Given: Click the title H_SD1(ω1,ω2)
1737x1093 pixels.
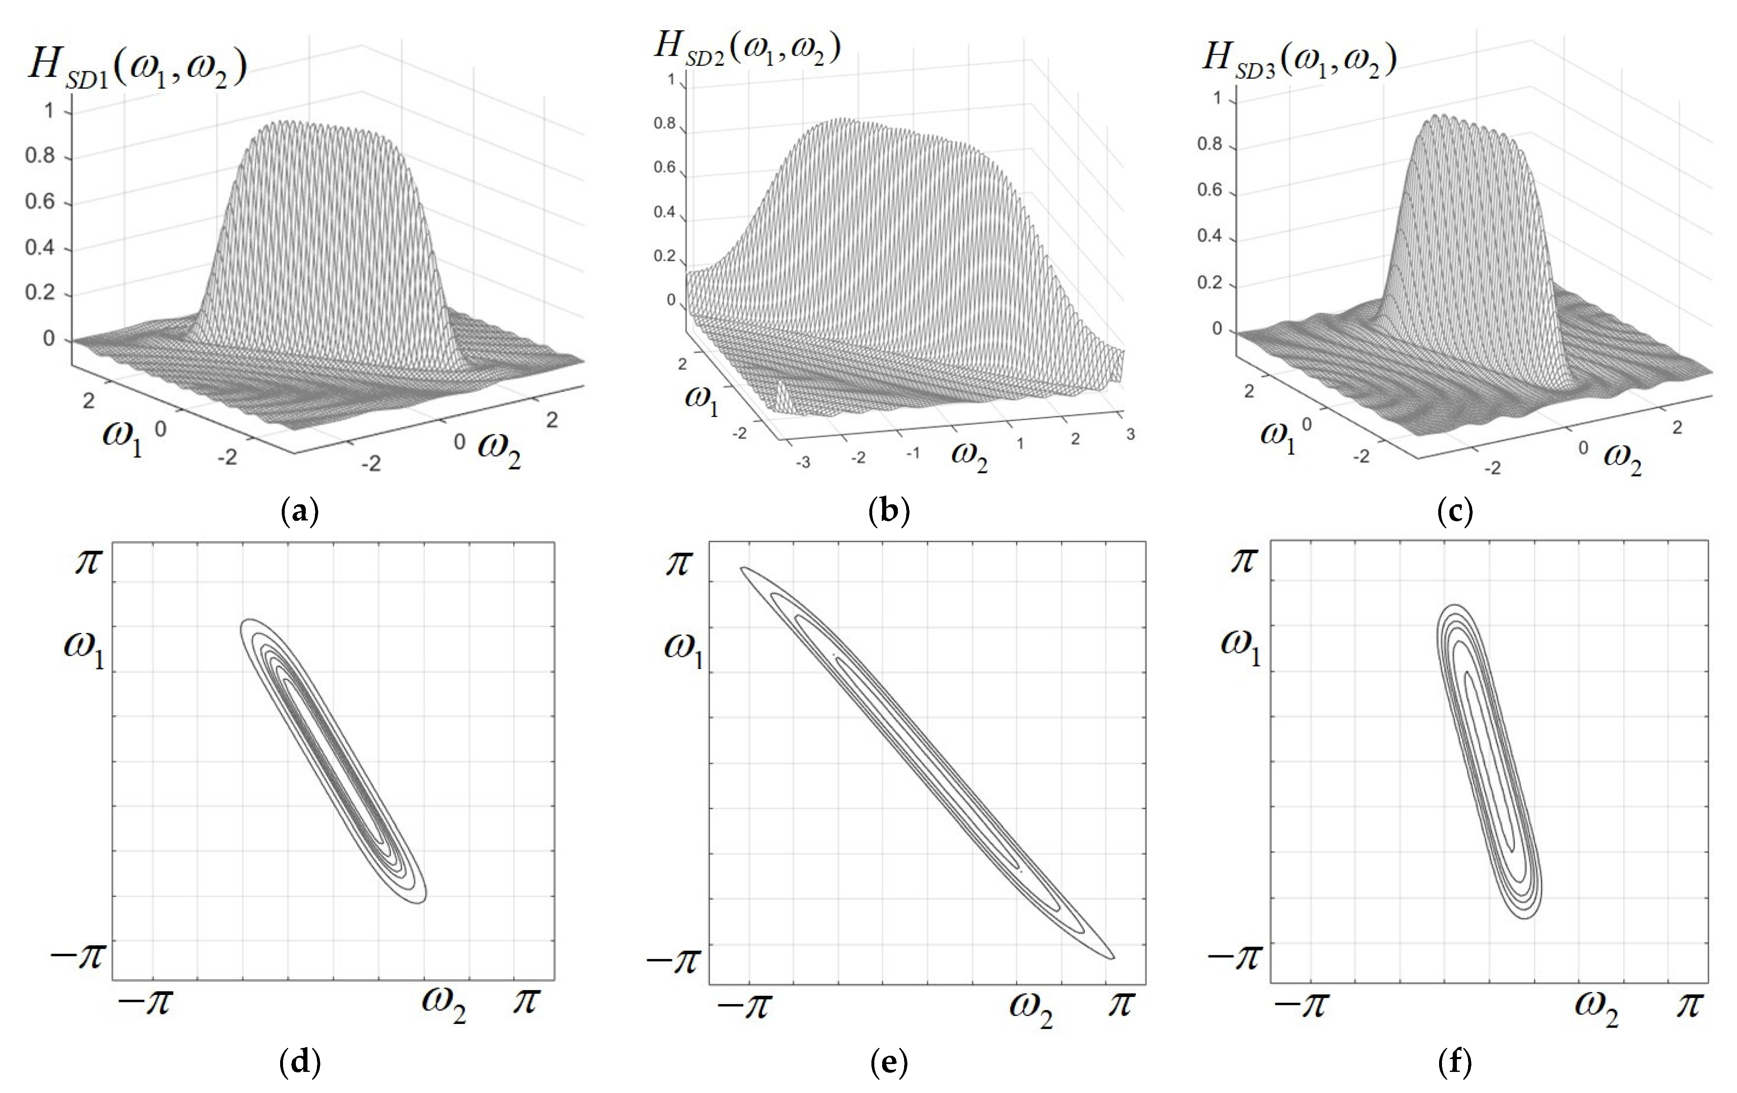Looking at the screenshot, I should point(137,69).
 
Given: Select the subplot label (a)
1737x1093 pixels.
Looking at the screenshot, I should point(299,511).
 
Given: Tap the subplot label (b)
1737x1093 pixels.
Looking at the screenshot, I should point(890,511).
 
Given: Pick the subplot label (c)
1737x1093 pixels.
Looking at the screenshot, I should point(1454,511).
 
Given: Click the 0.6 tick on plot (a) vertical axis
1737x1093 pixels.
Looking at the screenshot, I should point(41,202).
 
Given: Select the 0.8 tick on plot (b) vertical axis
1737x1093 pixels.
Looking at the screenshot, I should point(665,123).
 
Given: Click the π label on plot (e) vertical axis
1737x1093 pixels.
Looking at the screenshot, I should point(678,563).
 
